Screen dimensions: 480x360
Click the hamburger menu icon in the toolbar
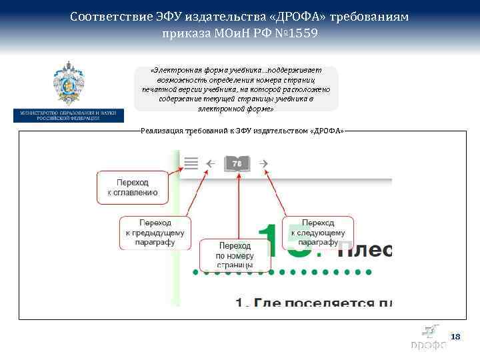pos(191,162)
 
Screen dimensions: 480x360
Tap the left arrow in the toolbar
pos(210,162)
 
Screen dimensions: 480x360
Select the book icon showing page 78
pos(237,162)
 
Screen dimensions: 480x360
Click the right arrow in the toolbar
pos(263,162)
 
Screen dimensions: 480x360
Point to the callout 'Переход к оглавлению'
pos(133,187)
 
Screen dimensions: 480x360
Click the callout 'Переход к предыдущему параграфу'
pos(155,233)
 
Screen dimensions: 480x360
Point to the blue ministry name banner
pos(69,115)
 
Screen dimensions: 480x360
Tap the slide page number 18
pos(455,337)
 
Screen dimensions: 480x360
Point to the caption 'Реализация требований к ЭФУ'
pos(243,131)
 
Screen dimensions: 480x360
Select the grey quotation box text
pos(236,89)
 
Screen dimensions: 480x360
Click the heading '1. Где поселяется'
pos(313,301)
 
